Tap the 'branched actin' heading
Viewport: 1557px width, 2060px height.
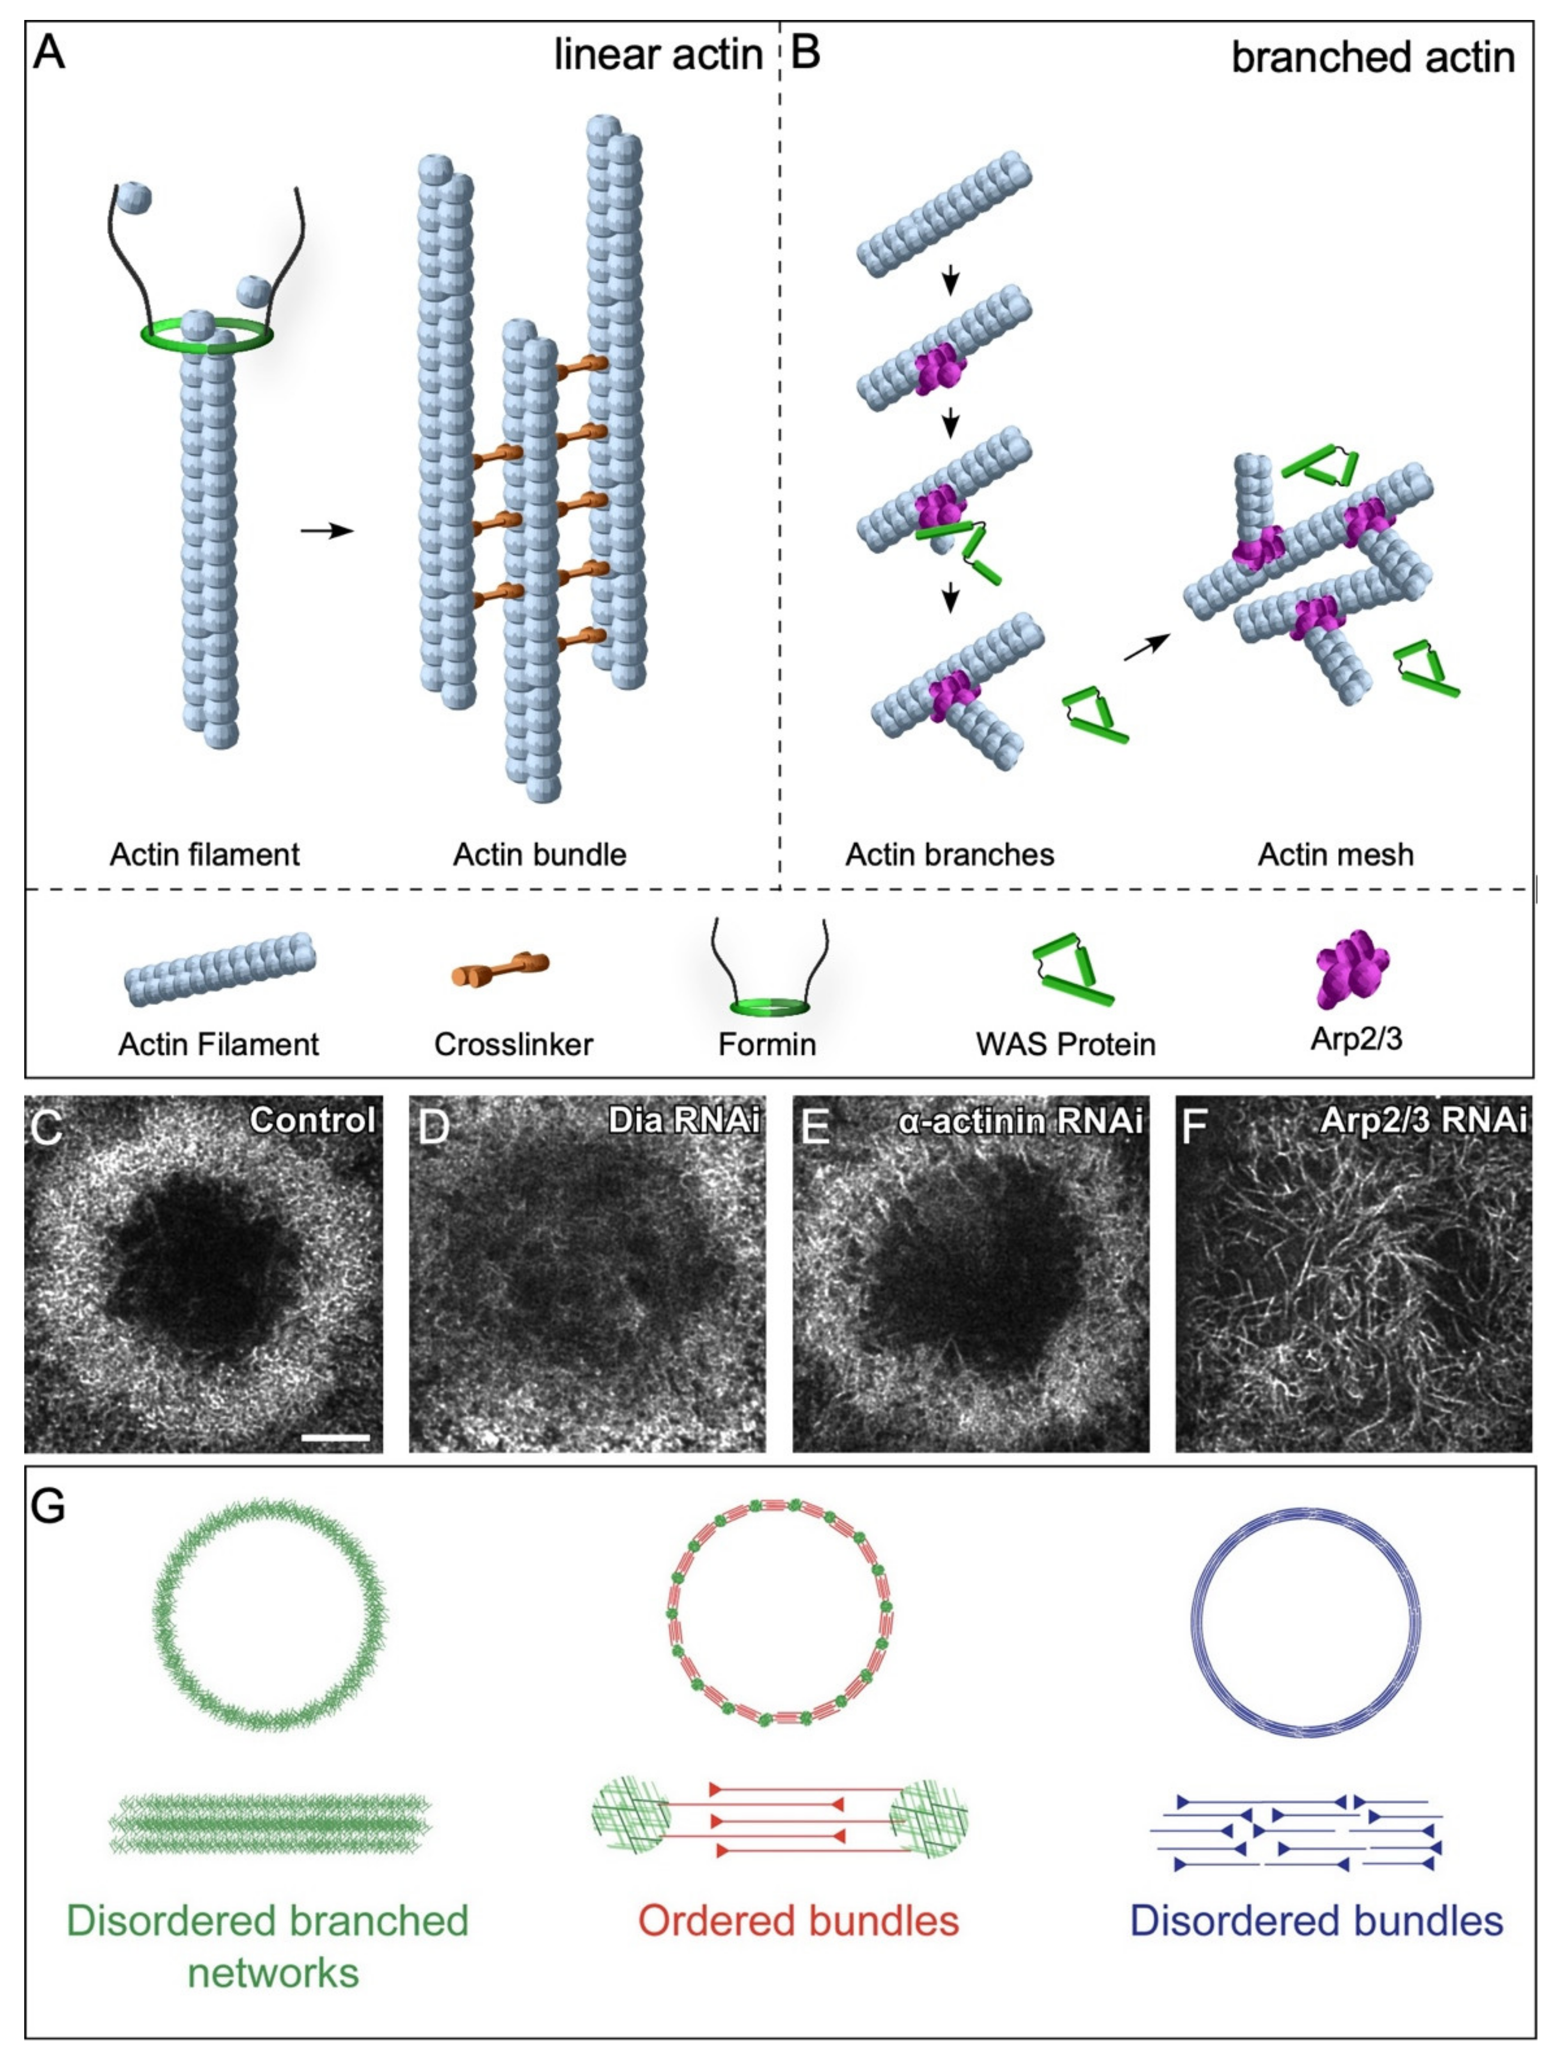[x=1373, y=58]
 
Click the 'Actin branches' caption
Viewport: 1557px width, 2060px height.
[x=949, y=854]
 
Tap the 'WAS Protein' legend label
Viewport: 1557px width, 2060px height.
[x=1065, y=1044]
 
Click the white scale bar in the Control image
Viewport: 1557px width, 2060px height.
[x=336, y=1438]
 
